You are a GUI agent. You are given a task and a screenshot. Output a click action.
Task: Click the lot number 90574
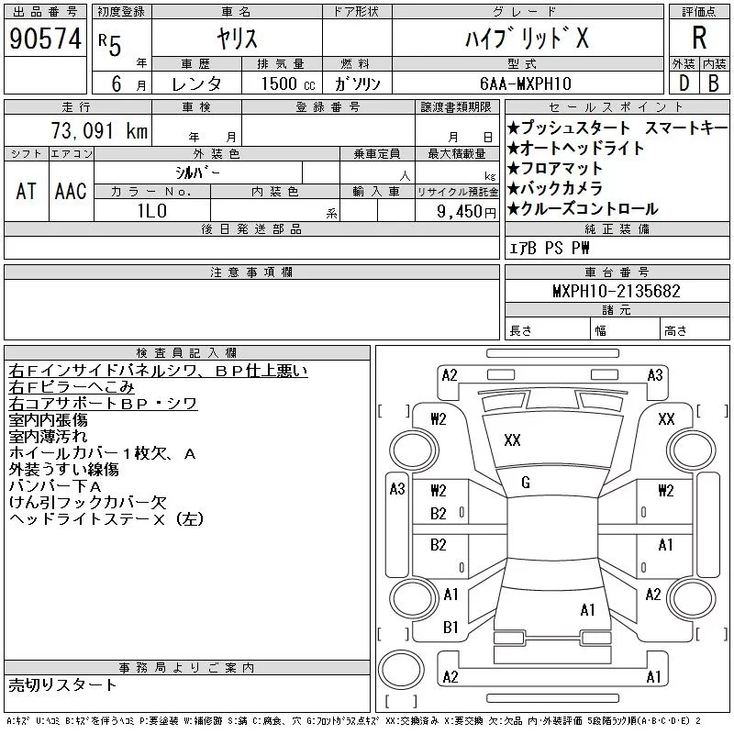45,39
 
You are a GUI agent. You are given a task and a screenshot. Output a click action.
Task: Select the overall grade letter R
699,38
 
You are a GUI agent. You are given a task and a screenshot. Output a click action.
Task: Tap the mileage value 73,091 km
100,130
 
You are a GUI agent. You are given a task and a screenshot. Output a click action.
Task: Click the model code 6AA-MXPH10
526,83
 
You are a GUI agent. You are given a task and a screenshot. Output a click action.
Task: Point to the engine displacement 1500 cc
288,83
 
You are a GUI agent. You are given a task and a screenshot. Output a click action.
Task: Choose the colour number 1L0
152,211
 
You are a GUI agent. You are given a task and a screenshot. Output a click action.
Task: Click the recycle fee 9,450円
466,212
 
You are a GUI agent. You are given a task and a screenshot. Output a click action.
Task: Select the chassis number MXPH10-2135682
616,291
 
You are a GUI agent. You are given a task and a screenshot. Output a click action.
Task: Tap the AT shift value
26,192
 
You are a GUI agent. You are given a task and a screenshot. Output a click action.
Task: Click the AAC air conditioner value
71,192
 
